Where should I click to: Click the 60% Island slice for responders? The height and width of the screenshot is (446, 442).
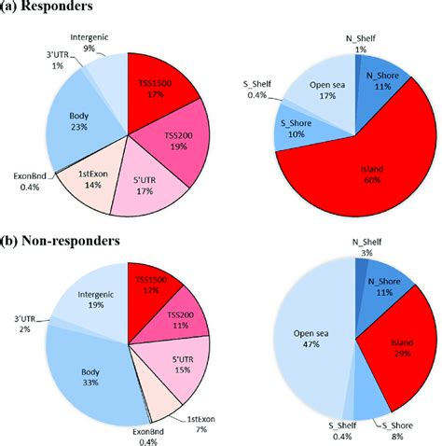[366, 180]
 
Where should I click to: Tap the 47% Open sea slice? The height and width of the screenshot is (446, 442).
[311, 339]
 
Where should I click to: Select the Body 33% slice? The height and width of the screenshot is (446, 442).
[93, 376]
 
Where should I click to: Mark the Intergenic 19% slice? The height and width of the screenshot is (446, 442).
[93, 299]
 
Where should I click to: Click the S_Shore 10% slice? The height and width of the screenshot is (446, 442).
[296, 129]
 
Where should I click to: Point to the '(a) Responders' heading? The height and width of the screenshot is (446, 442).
[47, 6]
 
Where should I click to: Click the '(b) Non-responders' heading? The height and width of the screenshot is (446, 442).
[60, 241]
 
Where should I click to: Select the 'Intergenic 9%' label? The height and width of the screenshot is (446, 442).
[90, 43]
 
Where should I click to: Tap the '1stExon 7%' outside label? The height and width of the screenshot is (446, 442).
[201, 425]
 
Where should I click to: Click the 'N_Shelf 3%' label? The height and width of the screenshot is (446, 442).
[366, 247]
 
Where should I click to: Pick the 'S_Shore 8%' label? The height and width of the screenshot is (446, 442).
[397, 431]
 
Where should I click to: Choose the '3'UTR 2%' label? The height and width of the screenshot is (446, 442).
[25, 324]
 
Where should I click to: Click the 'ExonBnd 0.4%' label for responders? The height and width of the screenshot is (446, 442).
[30, 182]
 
